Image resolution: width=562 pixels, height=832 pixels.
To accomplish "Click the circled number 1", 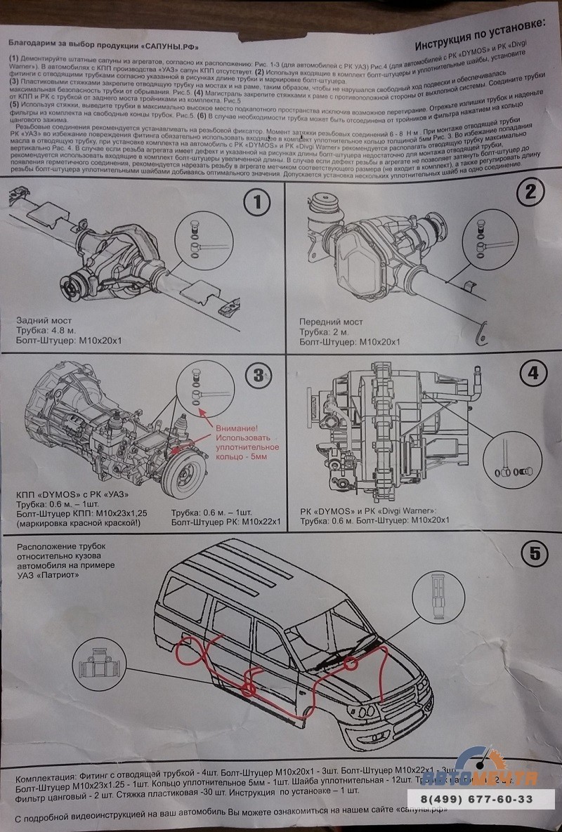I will pyautogui.click(x=258, y=204).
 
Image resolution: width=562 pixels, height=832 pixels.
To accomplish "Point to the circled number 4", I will pyautogui.click(x=532, y=373).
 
